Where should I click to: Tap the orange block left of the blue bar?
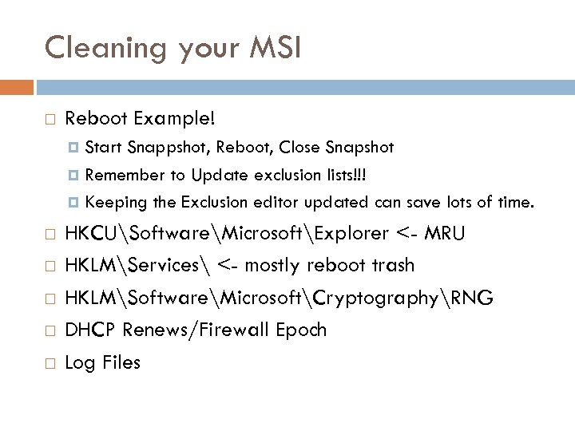tap(17, 85)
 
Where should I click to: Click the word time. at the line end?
tap(513, 202)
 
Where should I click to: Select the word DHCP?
tap(87, 330)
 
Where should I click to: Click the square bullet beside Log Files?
tap(50, 363)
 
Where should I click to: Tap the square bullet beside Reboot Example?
tap(50, 120)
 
